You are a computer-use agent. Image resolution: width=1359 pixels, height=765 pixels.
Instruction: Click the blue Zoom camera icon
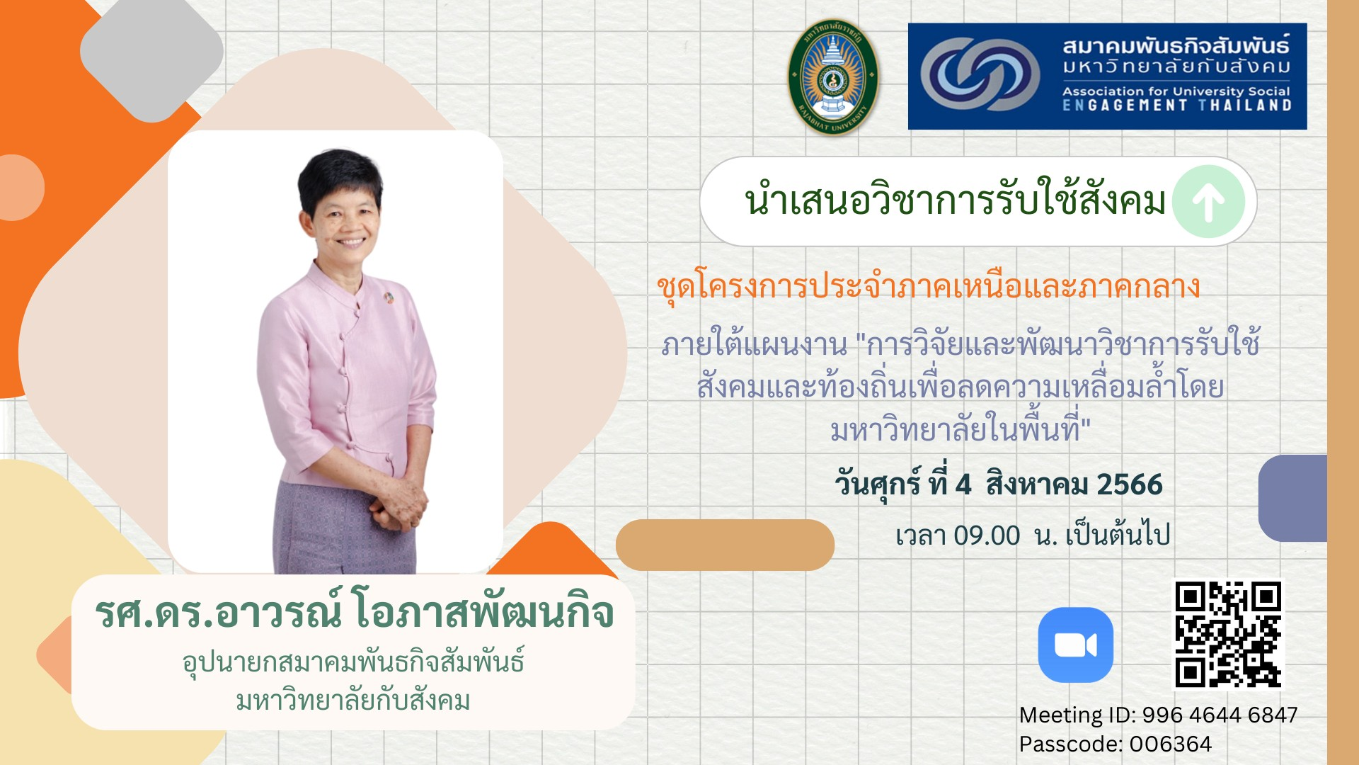click(1075, 645)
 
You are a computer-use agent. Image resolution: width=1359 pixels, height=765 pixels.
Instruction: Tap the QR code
click(1228, 634)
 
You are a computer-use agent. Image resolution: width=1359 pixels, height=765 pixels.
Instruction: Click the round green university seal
click(833, 77)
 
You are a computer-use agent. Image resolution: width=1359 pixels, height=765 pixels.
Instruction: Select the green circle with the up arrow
click(1208, 202)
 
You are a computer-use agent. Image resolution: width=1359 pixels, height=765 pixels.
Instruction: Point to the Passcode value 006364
click(1170, 744)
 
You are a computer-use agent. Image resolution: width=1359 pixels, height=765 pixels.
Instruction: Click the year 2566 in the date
click(1129, 484)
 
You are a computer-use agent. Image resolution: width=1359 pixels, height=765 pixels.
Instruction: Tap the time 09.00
click(987, 535)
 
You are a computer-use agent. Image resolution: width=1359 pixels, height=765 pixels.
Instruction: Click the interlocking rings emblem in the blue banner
click(980, 74)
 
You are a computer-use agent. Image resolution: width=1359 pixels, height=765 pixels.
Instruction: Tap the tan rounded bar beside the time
click(725, 545)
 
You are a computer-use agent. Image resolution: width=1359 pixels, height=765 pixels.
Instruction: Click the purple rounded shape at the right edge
click(1292, 498)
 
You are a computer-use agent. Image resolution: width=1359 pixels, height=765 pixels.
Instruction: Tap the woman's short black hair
click(340, 177)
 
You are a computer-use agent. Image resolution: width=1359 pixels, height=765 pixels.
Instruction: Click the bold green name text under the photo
click(354, 612)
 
